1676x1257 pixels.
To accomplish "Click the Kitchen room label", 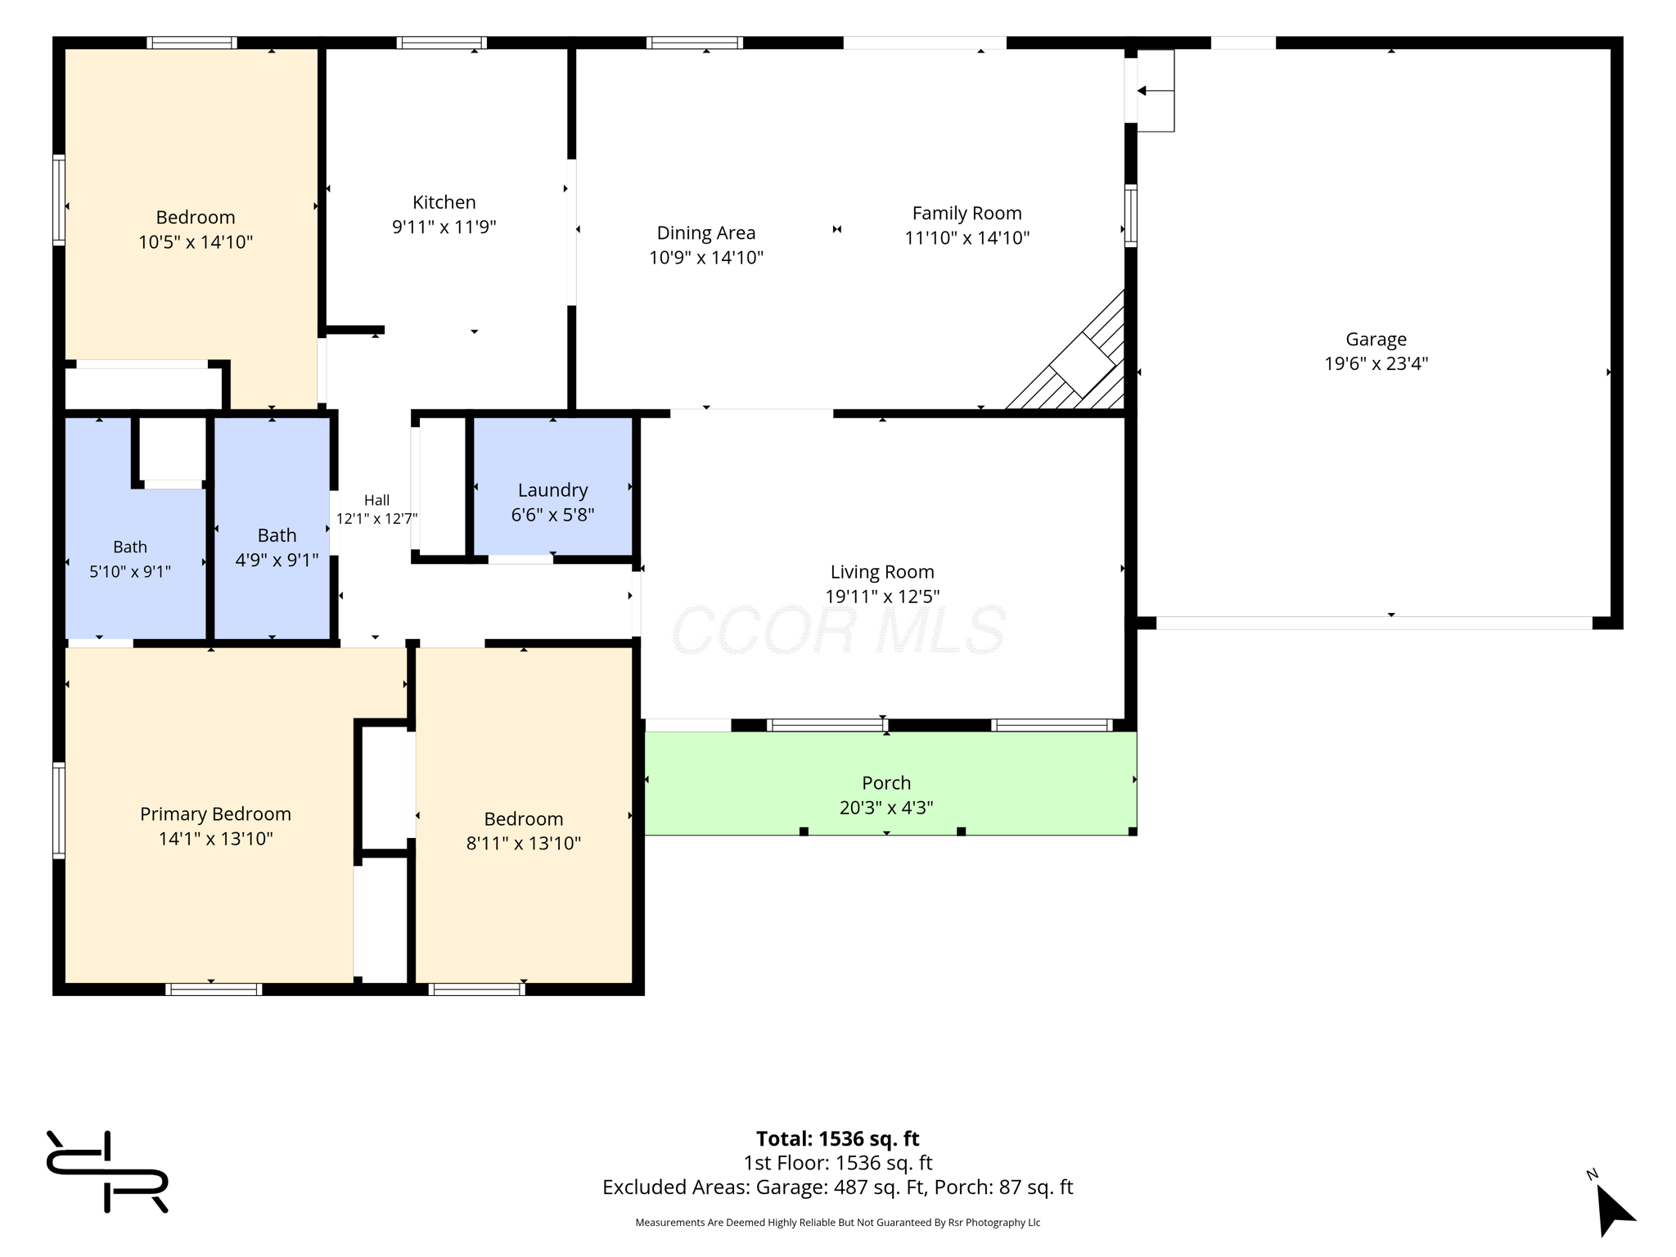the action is pos(444,202).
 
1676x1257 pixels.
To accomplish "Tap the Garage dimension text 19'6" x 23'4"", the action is pos(1376,363).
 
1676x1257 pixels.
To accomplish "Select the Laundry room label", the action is pos(552,490).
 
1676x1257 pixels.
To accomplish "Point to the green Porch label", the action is pos(886,783).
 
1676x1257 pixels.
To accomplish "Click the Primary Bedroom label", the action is pos(215,814).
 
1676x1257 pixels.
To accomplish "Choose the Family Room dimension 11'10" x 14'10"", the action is pos(966,238).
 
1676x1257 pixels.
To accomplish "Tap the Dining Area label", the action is pos(706,233).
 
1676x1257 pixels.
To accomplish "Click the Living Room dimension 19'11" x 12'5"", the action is pos(882,597).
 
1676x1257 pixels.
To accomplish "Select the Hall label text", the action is pos(376,500).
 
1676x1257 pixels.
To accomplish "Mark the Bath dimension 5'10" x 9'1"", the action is pos(130,571).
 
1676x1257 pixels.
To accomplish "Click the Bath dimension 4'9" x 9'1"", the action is pos(277,561).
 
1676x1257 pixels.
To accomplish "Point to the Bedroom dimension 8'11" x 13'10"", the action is pos(524,844).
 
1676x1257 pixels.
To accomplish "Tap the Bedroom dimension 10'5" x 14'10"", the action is pos(196,242).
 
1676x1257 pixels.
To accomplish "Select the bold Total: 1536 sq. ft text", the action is pos(837,1138).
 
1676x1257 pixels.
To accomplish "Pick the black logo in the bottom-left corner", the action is pos(107,1171).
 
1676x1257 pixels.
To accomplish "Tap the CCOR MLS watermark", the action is pos(838,630).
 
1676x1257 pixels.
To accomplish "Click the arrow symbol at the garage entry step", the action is pos(1155,91).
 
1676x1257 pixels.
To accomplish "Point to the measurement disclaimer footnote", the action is pos(837,1223).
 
